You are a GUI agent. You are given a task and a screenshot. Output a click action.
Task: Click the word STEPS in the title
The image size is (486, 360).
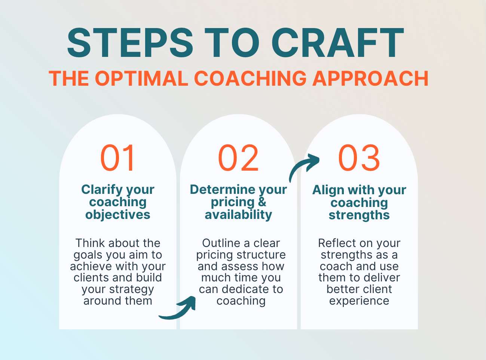point(130,43)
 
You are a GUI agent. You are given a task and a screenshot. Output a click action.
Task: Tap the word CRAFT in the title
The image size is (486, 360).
point(338,43)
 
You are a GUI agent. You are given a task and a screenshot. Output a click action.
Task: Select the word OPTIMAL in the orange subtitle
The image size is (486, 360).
point(141,79)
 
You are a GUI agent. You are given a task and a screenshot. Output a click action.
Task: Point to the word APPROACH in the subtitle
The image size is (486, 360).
point(370,79)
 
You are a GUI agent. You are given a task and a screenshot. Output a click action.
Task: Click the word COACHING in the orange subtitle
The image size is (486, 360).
point(250,79)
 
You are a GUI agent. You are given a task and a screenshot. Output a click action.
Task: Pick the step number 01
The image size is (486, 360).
point(118,158)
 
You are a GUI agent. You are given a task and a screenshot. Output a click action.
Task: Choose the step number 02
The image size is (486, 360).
point(238,158)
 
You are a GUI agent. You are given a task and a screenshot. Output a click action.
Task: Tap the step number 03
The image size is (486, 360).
point(359,158)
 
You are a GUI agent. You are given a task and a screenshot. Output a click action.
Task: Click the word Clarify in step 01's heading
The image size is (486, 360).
point(102,189)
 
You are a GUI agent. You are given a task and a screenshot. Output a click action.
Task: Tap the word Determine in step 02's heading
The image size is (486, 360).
point(221,189)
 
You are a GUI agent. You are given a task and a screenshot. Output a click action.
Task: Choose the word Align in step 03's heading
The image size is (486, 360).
point(328,190)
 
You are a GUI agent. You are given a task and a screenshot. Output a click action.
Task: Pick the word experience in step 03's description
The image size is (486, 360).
point(359,301)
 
